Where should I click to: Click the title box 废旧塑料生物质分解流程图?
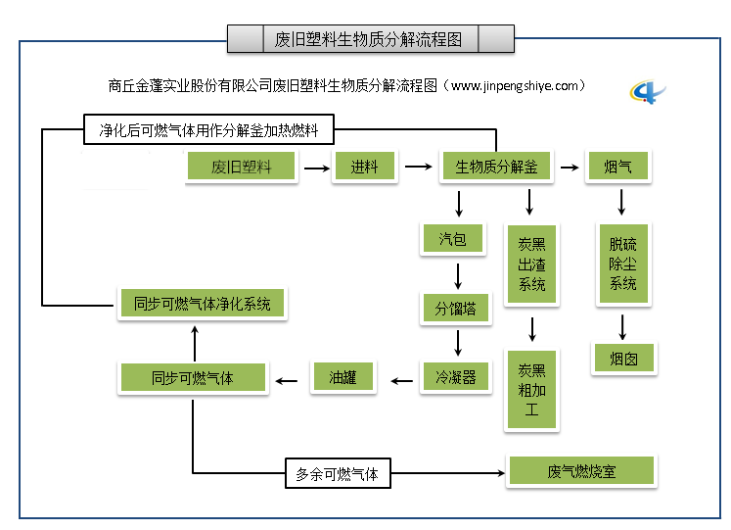click(x=370, y=39)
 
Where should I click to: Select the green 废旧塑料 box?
click(x=241, y=167)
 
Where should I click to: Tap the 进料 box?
click(x=364, y=167)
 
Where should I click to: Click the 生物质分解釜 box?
click(x=496, y=167)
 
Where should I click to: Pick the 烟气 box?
click(x=617, y=167)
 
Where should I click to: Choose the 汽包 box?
click(x=452, y=238)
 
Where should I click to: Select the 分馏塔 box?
click(x=455, y=308)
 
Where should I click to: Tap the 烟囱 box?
click(x=623, y=359)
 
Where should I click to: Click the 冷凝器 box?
click(x=455, y=377)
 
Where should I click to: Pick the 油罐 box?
click(x=343, y=377)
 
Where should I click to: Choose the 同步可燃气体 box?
click(x=193, y=378)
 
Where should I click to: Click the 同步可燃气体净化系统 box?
click(x=202, y=304)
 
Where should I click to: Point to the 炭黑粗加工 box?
click(x=531, y=390)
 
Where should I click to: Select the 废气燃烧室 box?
click(x=581, y=471)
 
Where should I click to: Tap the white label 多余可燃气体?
click(x=337, y=474)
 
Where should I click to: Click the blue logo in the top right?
click(x=648, y=92)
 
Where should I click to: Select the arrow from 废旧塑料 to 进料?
click(x=315, y=168)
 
